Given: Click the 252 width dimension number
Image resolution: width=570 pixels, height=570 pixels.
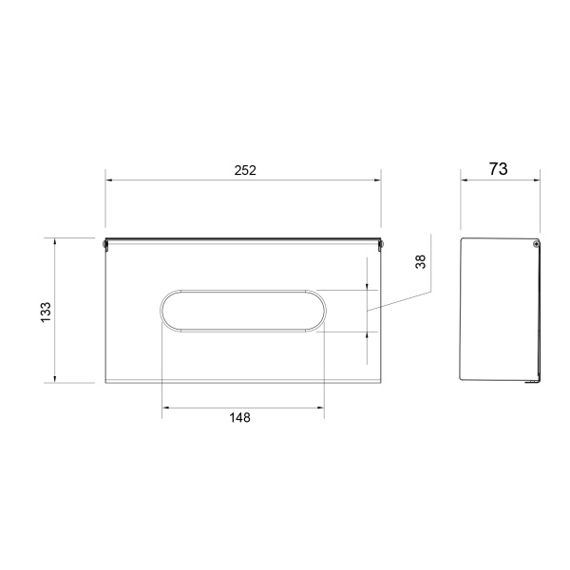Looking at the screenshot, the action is click(245, 170).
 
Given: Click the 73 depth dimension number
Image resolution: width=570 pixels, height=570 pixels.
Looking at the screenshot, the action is click(498, 169).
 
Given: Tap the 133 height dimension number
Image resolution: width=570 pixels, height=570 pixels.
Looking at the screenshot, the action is click(47, 312).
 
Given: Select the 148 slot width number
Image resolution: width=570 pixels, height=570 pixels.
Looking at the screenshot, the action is click(240, 417).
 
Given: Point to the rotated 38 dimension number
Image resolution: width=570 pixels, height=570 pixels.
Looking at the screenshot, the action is click(420, 262).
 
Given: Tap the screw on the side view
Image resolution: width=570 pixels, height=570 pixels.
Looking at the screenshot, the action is click(536, 244).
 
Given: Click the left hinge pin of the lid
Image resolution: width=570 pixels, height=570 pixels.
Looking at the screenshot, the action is click(105, 245).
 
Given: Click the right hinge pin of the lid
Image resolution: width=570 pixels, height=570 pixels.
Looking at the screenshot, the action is click(381, 245).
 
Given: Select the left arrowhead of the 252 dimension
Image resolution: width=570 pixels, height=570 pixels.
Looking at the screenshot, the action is click(108, 180).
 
